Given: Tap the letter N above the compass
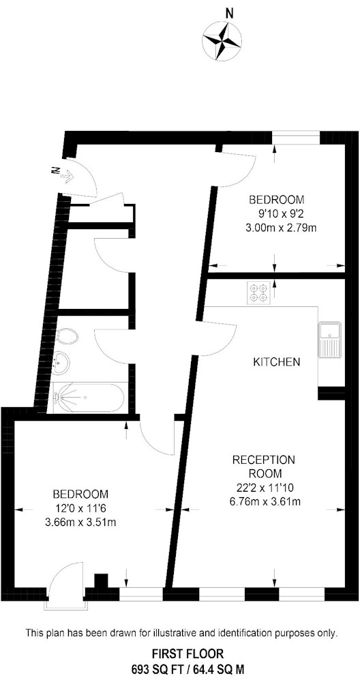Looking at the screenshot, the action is pos(229,14).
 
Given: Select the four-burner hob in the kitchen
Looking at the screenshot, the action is pos(258,293).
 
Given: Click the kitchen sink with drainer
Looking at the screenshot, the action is pos(332,340).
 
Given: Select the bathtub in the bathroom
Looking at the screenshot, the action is pos(89,398).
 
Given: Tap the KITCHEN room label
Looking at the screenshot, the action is pos(277,362).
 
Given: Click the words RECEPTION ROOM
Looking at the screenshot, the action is pos(263,466).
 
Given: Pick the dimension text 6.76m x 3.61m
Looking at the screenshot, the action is pos(265,501).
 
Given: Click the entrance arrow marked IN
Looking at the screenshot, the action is pos(63,173).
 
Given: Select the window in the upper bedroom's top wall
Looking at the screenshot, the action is pos(296,137).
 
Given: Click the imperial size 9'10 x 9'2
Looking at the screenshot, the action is pos(277,213).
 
